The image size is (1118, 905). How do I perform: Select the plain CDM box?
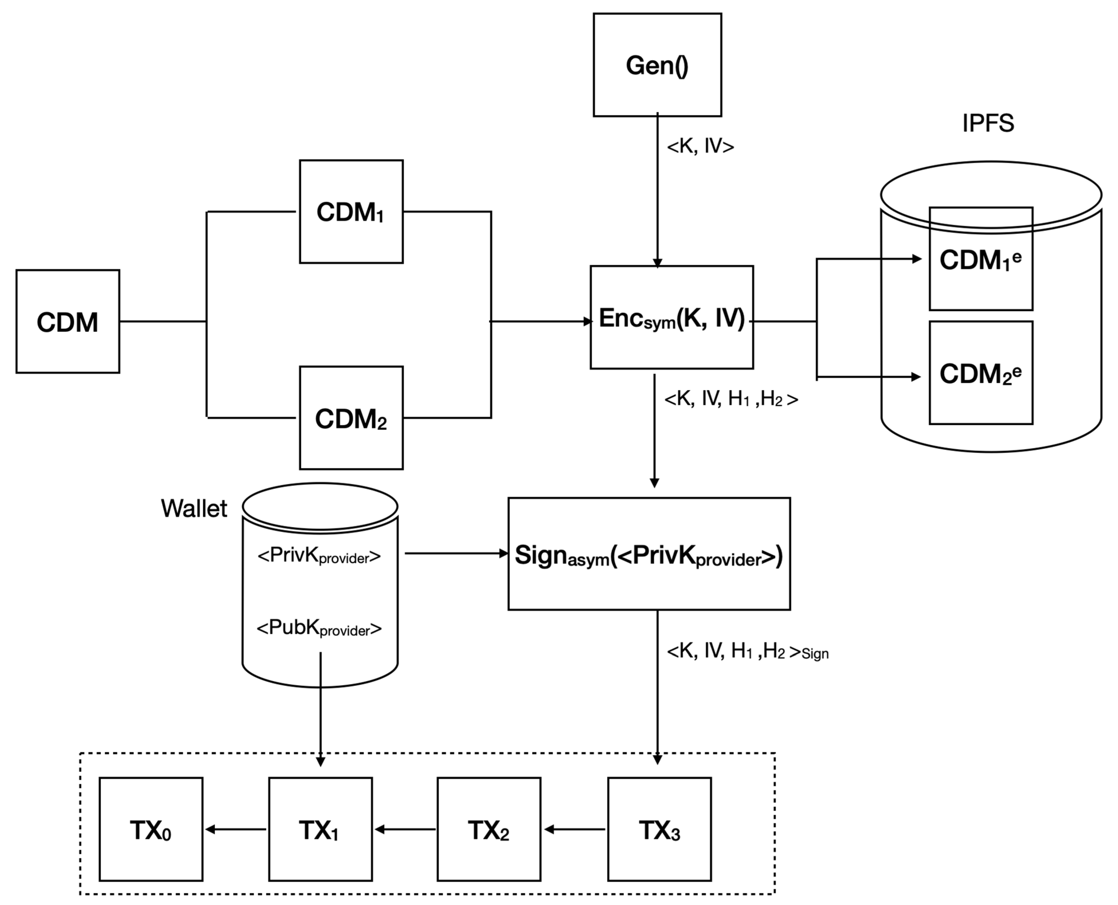tap(68, 321)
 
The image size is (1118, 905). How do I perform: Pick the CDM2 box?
tap(351, 418)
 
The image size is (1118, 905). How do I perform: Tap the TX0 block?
tap(151, 829)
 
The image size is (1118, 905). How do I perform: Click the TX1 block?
tap(320, 829)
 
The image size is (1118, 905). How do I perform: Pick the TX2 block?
tap(489, 829)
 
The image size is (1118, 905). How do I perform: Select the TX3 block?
tap(659, 829)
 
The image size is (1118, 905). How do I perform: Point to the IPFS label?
tap(988, 123)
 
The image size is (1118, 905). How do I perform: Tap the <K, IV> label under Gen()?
tap(700, 147)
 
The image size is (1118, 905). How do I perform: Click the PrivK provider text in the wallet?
tap(319, 556)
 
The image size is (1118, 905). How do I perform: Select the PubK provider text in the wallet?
tap(319, 628)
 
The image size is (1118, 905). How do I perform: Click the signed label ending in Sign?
tap(747, 651)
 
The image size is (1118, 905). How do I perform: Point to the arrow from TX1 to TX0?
tap(236, 829)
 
